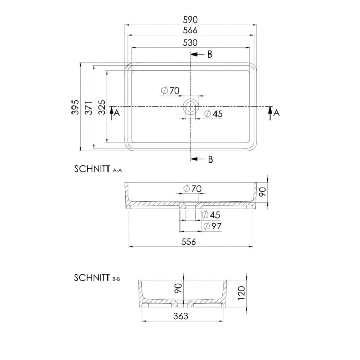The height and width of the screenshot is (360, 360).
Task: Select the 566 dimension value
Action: tap(191, 30)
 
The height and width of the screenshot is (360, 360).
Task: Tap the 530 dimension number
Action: tap(191, 43)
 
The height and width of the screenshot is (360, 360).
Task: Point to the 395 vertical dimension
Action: tap(75, 107)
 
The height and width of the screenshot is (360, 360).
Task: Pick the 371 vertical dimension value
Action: tap(88, 107)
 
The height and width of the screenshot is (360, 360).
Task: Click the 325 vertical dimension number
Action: tap(102, 107)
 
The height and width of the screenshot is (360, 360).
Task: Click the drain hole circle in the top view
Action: tap(191, 107)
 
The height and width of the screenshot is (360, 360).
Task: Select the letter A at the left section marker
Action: tap(117, 113)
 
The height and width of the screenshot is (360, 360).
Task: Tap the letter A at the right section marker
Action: tap(276, 113)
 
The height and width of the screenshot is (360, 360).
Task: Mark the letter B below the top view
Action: tap(210, 159)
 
